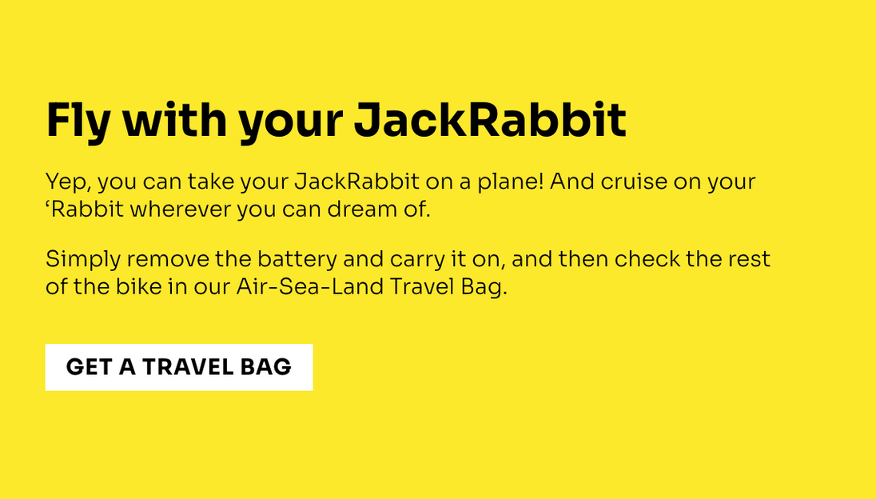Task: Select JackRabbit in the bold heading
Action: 490,120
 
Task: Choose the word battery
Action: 297,260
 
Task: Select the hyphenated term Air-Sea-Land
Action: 310,286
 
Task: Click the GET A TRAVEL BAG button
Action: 179,367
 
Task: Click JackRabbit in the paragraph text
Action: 357,182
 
